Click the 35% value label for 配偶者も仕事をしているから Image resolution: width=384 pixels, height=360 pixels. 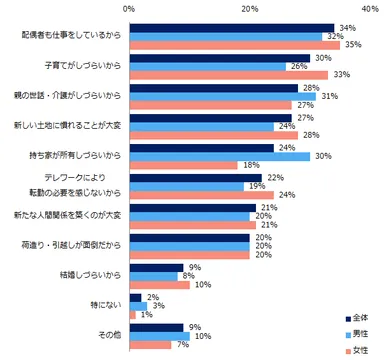pyautogui.click(x=351, y=45)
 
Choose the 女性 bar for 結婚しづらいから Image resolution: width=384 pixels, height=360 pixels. pyautogui.click(x=160, y=285)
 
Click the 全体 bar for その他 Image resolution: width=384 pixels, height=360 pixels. pyautogui.click(x=157, y=327)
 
